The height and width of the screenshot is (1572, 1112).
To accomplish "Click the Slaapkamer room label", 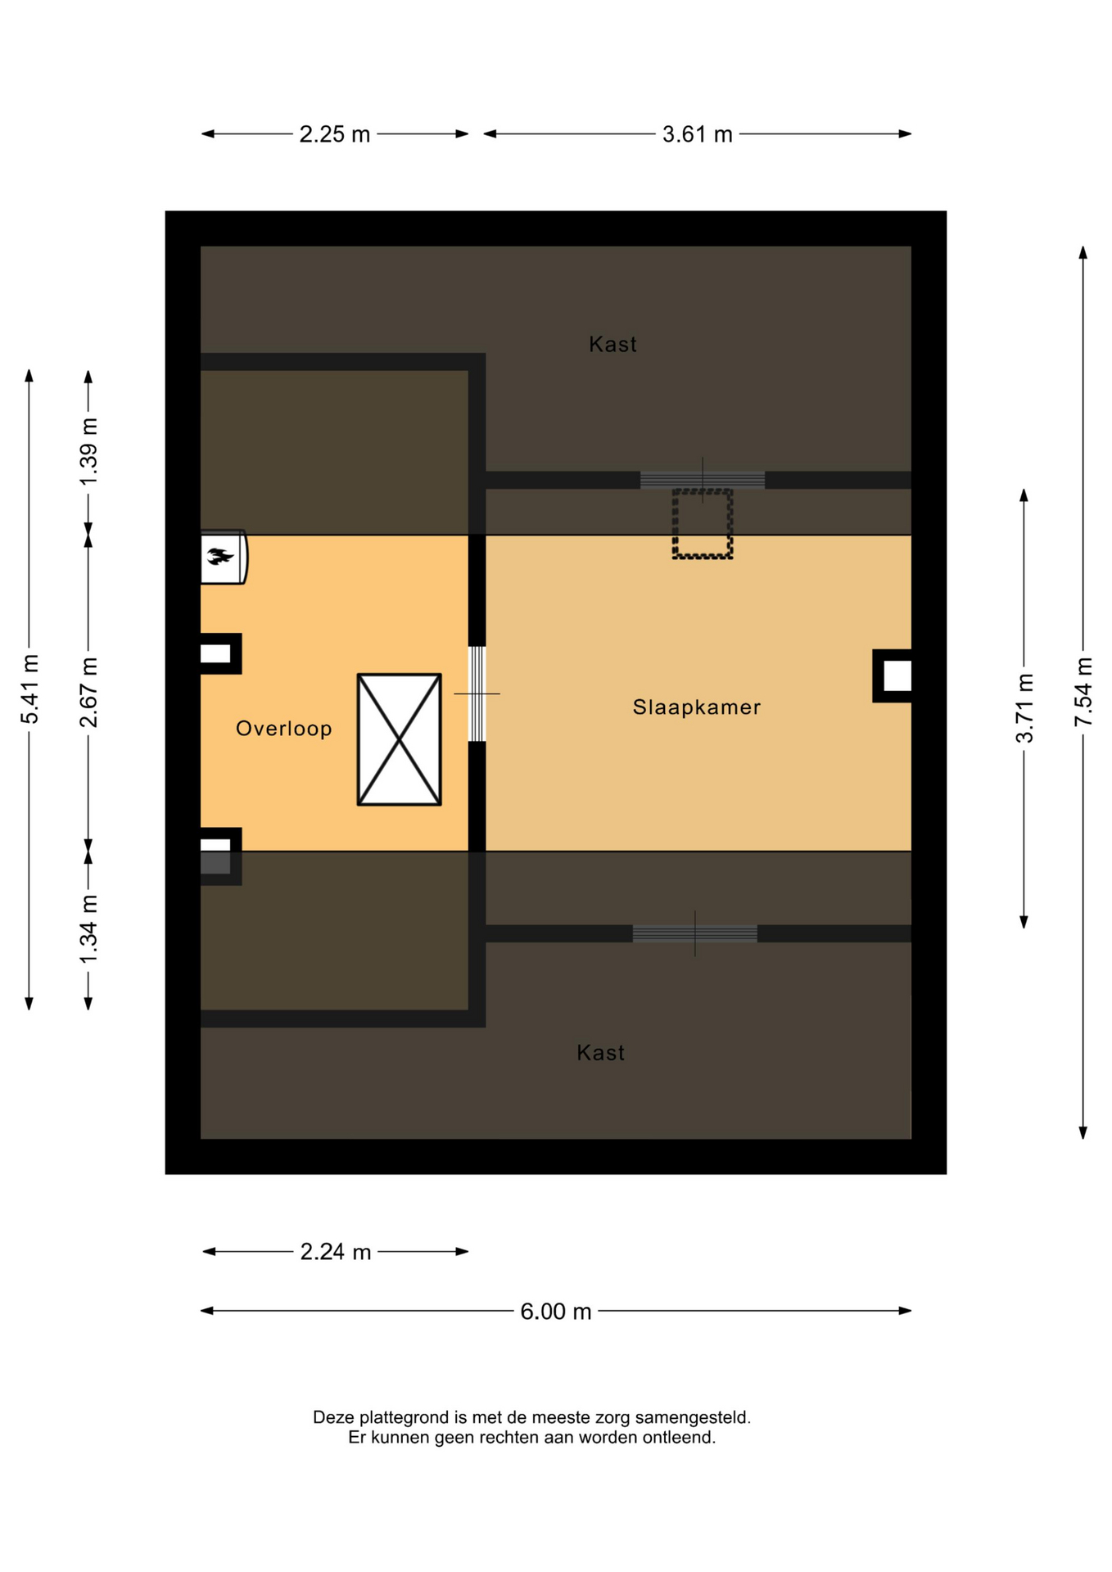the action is click(696, 707).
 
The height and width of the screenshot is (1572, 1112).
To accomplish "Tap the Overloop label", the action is click(283, 729).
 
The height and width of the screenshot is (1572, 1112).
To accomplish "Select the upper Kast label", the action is click(613, 345).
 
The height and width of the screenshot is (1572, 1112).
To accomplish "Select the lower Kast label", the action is click(600, 1053).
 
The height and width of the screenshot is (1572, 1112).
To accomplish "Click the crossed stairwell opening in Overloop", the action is click(399, 739).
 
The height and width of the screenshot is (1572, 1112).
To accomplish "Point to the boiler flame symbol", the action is click(219, 557).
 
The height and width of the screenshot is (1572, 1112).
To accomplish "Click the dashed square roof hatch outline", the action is click(702, 524).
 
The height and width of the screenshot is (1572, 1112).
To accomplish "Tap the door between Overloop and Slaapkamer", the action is click(477, 693).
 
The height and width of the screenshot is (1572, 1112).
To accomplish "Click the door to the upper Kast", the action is click(702, 480).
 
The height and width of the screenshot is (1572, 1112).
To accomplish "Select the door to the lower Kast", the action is click(694, 933).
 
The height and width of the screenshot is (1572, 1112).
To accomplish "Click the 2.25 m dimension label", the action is click(334, 134).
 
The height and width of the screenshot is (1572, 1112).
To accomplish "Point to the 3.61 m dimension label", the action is click(697, 134).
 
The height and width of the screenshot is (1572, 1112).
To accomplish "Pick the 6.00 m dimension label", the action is click(555, 1312).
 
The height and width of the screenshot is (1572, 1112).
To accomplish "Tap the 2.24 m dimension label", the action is click(336, 1252).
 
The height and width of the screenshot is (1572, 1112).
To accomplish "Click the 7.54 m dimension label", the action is click(1083, 691).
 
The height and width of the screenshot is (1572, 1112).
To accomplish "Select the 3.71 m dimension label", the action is click(1024, 708).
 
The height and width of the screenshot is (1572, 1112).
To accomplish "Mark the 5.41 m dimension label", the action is click(29, 689).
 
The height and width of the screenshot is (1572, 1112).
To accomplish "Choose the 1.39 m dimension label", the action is click(88, 451).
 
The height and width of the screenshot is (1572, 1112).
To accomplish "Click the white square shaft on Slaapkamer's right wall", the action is click(897, 676).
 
